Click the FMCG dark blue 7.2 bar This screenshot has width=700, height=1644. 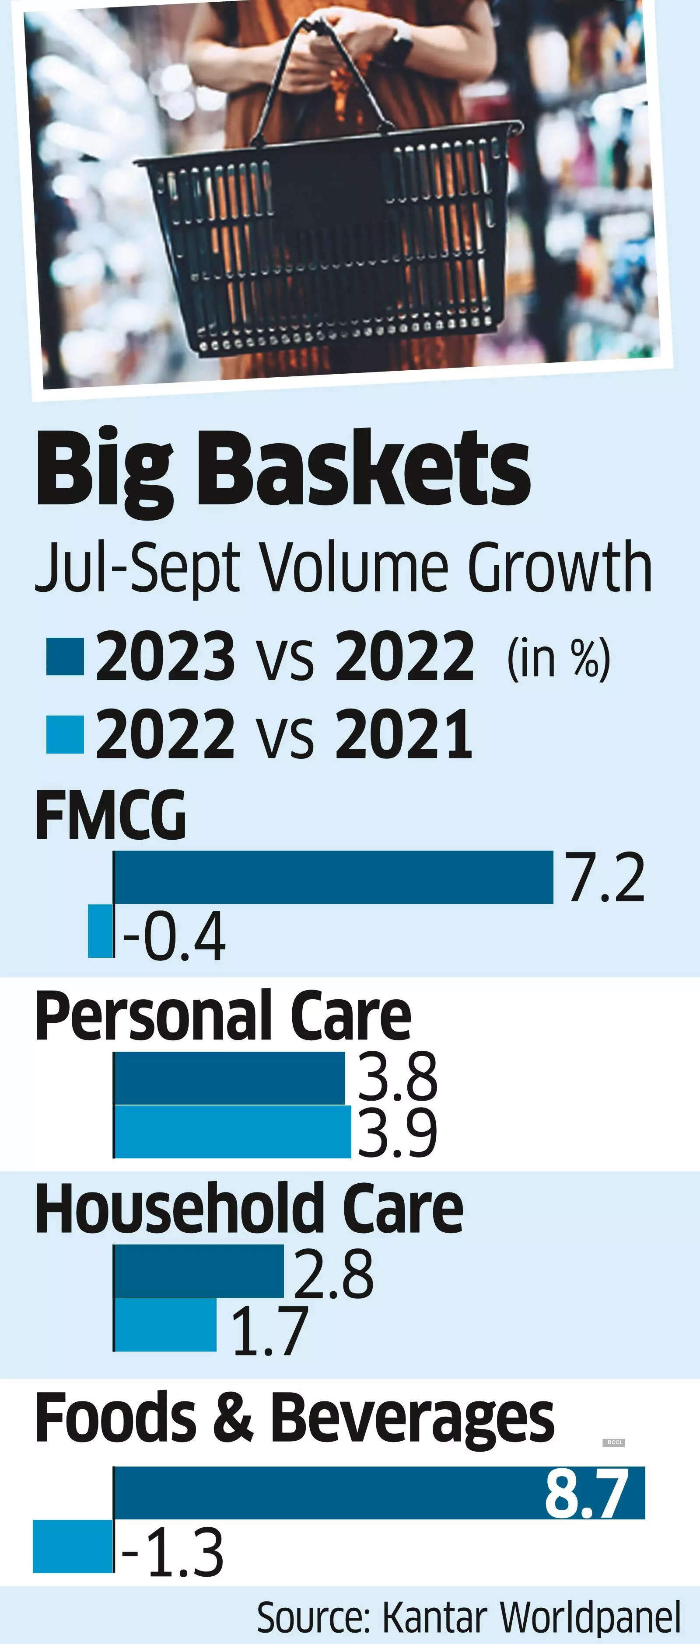click(333, 877)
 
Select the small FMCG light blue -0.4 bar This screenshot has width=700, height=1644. click(100, 931)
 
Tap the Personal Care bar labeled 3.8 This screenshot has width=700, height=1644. click(229, 1078)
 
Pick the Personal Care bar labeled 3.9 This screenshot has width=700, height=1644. click(232, 1132)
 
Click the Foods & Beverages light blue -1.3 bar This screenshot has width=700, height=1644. click(73, 1547)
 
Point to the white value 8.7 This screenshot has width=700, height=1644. click(586, 1493)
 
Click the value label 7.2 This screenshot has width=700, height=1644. click(606, 879)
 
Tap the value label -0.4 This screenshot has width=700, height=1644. click(174, 935)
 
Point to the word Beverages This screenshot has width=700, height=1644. click(412, 1418)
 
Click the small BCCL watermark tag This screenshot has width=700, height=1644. click(614, 1442)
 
